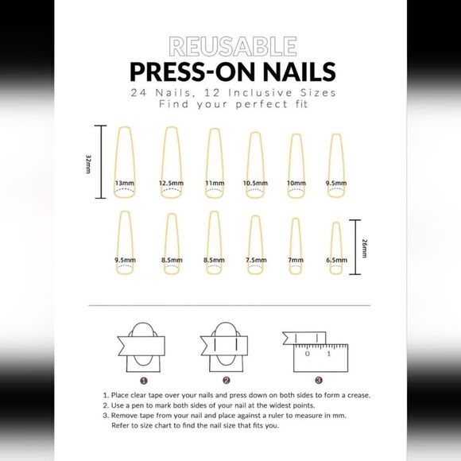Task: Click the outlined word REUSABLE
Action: (x=233, y=46)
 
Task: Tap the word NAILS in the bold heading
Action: (x=300, y=72)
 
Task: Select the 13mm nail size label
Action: (x=124, y=183)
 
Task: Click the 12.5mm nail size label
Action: (x=171, y=183)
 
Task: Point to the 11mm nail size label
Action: (x=215, y=183)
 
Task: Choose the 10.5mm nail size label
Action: (x=255, y=183)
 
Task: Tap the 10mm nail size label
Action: (x=296, y=183)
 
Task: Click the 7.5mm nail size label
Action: (x=256, y=260)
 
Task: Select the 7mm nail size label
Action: (x=296, y=260)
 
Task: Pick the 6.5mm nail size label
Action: (x=336, y=260)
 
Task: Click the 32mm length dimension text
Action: (x=88, y=164)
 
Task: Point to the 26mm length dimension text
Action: (x=364, y=248)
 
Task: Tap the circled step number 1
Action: (x=144, y=381)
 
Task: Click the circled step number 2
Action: (x=226, y=381)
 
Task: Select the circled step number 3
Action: (x=319, y=380)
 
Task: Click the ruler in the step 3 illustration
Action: (x=321, y=358)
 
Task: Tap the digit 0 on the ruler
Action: (x=308, y=354)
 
